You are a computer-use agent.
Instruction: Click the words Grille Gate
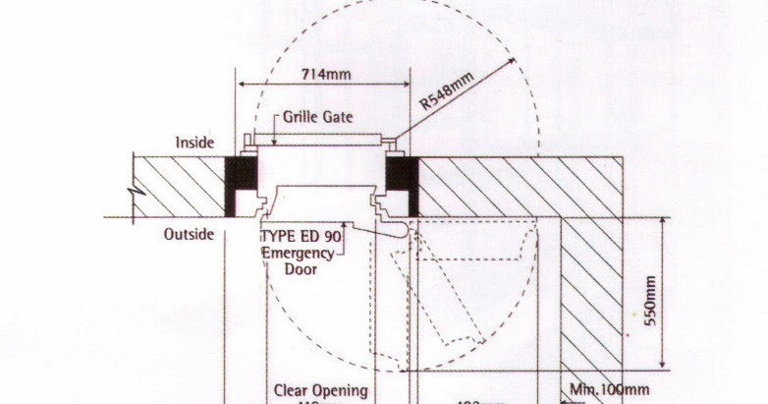click(319, 116)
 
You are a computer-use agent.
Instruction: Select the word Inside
click(194, 143)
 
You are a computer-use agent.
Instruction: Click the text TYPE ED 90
click(301, 237)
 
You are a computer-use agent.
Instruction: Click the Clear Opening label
click(320, 390)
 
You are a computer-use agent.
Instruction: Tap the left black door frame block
click(240, 186)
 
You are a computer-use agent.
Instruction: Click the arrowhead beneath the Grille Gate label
click(276, 140)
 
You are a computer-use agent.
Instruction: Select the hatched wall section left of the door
click(182, 187)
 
